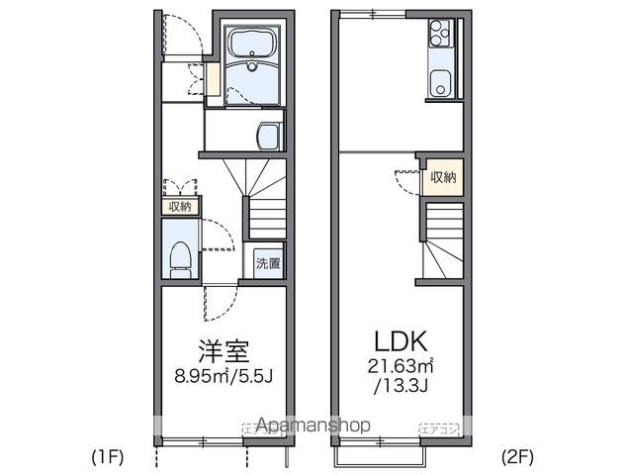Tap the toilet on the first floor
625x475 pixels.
click(179, 255)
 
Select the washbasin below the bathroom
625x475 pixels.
click(268, 135)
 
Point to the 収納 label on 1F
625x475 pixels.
click(179, 206)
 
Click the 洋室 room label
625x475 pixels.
click(223, 349)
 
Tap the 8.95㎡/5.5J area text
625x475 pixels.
click(223, 376)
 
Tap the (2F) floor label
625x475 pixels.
click(516, 457)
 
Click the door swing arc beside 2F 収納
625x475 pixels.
click(406, 182)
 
